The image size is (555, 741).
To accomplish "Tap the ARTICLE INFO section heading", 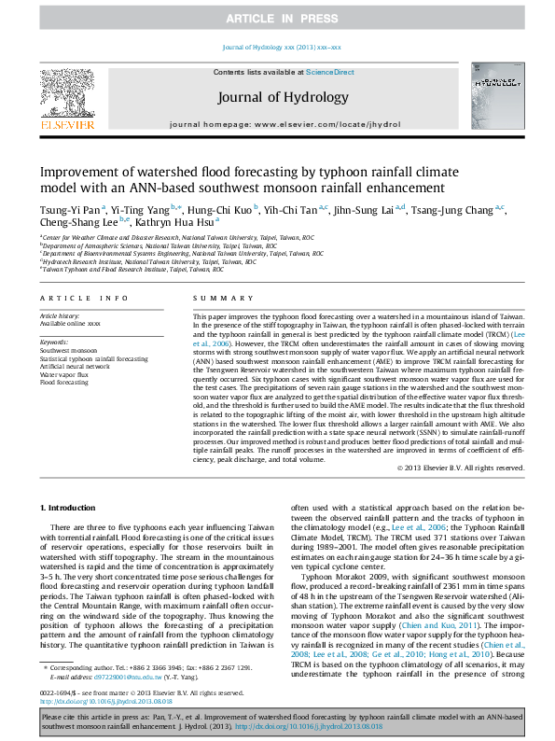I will point(84,298).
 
